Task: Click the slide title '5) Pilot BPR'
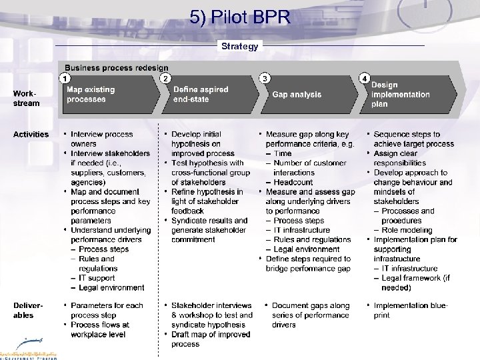240,17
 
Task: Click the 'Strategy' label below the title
239,46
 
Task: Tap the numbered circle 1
65,78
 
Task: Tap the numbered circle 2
165,78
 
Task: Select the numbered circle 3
265,78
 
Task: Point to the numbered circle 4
364,78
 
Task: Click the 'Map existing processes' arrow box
107,95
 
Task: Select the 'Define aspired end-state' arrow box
207,95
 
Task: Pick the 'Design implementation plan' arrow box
407,95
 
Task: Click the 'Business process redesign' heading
116,68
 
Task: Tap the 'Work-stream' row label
27,98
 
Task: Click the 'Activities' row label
31,135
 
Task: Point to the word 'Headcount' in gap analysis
293,182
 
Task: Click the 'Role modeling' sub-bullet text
407,230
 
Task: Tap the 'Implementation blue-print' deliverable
410,310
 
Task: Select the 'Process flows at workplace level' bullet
100,329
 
